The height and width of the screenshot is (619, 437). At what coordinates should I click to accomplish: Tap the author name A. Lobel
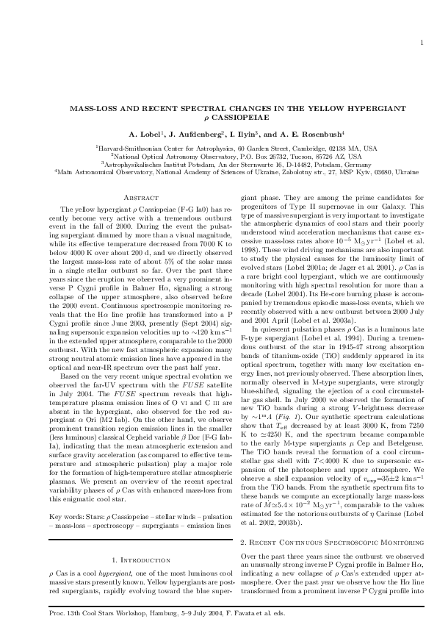click(x=151, y=135)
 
